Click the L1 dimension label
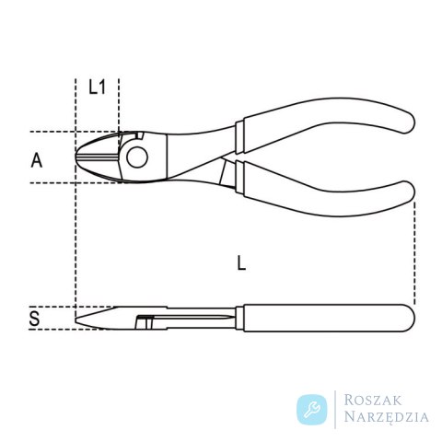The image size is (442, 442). click(x=97, y=87)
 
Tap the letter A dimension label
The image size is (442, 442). click(x=37, y=160)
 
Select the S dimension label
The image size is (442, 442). click(x=34, y=319)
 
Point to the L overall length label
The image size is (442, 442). click(x=242, y=263)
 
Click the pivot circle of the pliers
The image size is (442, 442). click(x=137, y=157)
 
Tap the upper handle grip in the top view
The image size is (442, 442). click(x=325, y=122)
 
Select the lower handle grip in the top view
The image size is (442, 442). click(x=325, y=191)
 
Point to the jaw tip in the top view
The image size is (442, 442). click(x=76, y=157)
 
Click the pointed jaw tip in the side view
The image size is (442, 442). click(x=76, y=320)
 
